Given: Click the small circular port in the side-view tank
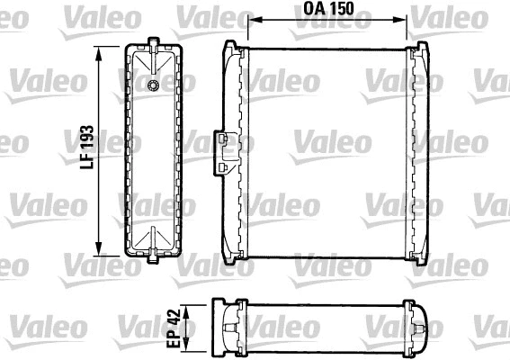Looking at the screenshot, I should click(x=153, y=85).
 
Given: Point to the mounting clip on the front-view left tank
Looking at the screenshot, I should click(x=220, y=151).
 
